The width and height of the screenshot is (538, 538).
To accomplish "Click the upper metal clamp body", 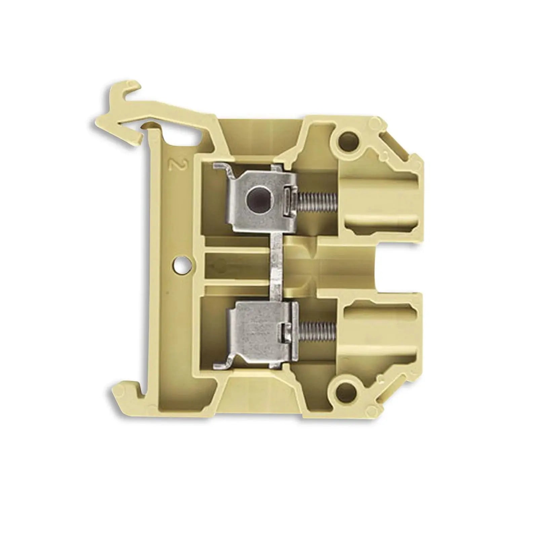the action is (262, 198).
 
